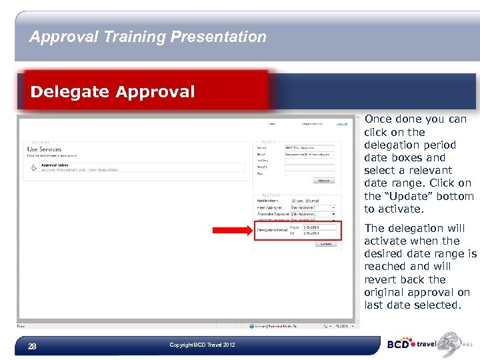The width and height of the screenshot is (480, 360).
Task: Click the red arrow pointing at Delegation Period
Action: click(231, 231)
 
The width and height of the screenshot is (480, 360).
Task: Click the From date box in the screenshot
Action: click(319, 227)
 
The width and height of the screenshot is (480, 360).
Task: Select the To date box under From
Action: click(319, 233)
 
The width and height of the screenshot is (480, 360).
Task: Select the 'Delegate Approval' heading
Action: click(113, 91)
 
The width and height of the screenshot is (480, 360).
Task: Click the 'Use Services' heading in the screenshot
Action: click(44, 149)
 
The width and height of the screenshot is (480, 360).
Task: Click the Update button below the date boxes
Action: click(325, 243)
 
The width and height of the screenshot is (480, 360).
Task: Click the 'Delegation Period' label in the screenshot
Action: click(272, 230)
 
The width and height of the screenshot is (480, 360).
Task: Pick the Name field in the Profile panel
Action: click(309, 147)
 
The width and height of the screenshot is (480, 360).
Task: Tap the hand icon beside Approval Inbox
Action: click(33, 167)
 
